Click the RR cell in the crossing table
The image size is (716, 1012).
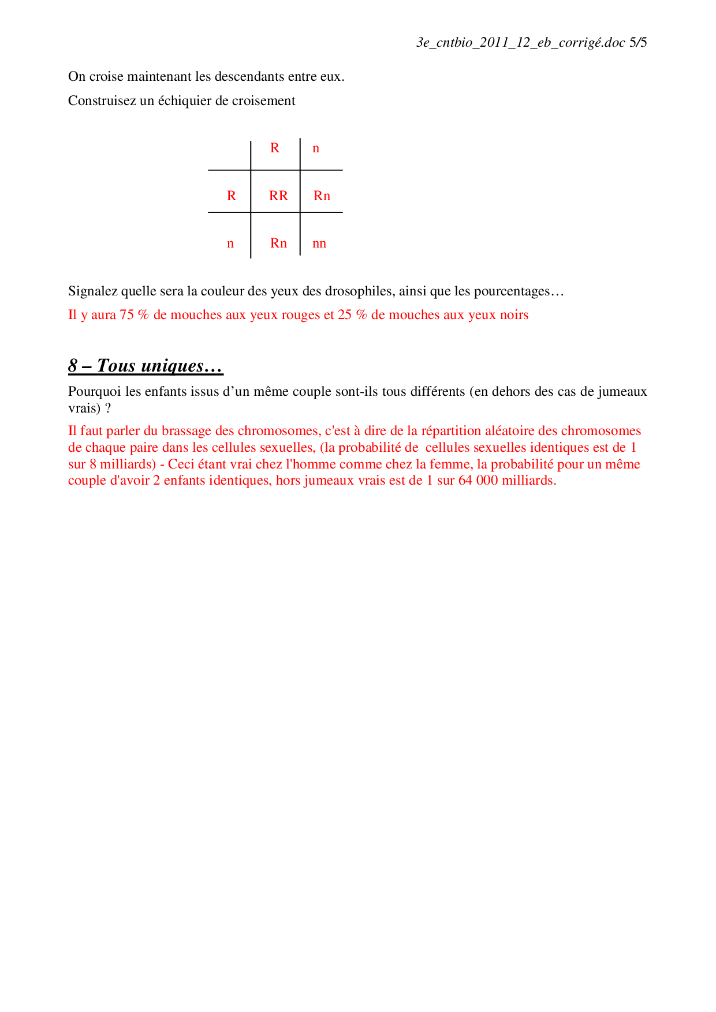click(x=278, y=196)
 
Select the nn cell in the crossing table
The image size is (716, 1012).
click(x=319, y=243)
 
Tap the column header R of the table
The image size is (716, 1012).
click(x=275, y=148)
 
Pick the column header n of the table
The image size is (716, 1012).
click(x=316, y=149)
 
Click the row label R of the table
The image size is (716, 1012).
click(x=232, y=196)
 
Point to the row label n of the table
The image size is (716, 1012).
click(x=230, y=243)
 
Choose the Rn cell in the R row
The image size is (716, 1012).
click(x=322, y=196)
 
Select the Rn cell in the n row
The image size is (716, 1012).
click(x=278, y=243)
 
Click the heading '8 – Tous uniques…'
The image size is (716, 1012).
click(x=146, y=366)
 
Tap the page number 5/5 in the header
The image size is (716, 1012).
click(x=638, y=42)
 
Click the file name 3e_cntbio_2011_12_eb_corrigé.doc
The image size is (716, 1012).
click(x=521, y=42)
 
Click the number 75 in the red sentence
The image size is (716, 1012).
click(x=126, y=315)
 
